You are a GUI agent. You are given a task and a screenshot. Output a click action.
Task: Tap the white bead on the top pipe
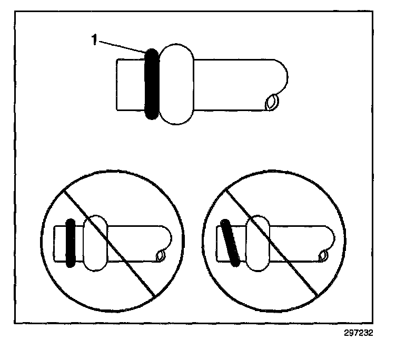coord(177,84)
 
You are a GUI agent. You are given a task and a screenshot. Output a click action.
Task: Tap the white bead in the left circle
coord(96,243)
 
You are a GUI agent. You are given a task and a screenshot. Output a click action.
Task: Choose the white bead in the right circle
coord(258,243)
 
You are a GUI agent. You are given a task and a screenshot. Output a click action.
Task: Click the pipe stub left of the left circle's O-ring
coord(61,243)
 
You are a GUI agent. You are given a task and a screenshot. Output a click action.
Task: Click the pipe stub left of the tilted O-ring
coord(221,243)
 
